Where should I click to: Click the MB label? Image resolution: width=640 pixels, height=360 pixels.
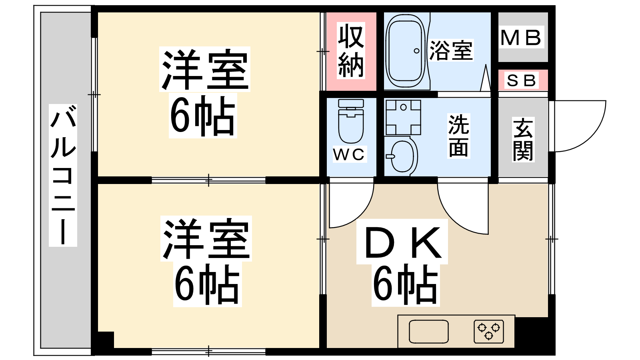click(521, 38)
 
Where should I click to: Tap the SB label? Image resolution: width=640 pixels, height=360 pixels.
click(521, 80)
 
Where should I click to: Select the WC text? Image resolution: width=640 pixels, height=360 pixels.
click(349, 154)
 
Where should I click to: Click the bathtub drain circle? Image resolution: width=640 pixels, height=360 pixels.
click(416, 51)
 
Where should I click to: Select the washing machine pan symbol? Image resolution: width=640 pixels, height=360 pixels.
click(403, 118)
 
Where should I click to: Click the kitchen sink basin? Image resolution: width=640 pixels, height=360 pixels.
click(428, 332)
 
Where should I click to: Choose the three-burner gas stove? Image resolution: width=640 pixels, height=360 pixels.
click(488, 332)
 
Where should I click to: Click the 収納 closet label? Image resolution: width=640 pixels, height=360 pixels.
click(351, 50)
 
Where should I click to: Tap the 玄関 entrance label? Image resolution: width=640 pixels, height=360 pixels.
click(523, 140)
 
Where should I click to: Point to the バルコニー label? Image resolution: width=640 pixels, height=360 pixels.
click(63, 175)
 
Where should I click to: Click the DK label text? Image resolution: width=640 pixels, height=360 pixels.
click(402, 242)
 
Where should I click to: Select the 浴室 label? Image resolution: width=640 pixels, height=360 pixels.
click(450, 50)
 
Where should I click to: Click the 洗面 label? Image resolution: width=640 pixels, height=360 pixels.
click(458, 136)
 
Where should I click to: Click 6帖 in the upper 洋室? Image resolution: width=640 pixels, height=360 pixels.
click(202, 116)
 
